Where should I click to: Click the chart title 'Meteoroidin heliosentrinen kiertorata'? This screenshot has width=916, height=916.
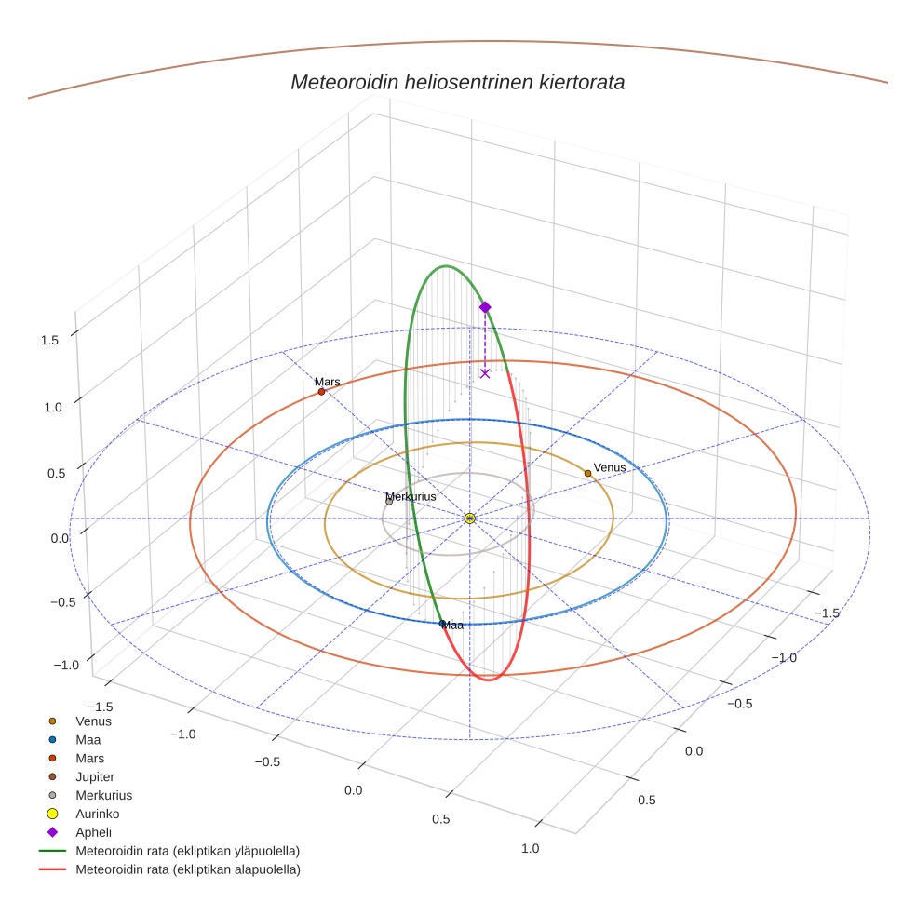(x=457, y=82)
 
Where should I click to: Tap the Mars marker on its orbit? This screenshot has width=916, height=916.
(x=321, y=392)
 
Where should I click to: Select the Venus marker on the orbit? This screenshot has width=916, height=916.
(x=587, y=473)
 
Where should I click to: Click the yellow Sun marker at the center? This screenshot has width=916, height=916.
(x=469, y=519)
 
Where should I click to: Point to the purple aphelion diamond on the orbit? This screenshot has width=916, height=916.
(x=484, y=307)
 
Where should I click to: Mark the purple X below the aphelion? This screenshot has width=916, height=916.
(x=484, y=373)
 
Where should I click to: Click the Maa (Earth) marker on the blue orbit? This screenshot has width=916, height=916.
(x=442, y=623)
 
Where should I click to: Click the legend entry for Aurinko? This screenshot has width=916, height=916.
(x=97, y=814)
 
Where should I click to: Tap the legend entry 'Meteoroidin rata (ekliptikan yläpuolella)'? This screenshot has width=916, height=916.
(x=187, y=851)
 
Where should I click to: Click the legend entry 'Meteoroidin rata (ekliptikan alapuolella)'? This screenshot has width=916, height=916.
(x=187, y=869)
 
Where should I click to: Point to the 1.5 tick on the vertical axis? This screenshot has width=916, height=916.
(x=50, y=341)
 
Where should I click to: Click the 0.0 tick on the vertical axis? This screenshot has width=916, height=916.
(x=61, y=537)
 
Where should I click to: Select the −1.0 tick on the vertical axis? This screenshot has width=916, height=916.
(x=66, y=665)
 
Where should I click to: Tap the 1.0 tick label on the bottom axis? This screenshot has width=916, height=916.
(x=530, y=848)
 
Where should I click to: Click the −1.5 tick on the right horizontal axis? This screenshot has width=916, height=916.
(x=828, y=613)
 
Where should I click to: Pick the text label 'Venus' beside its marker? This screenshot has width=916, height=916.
(x=610, y=467)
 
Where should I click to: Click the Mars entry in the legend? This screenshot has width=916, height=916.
(x=89, y=758)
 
